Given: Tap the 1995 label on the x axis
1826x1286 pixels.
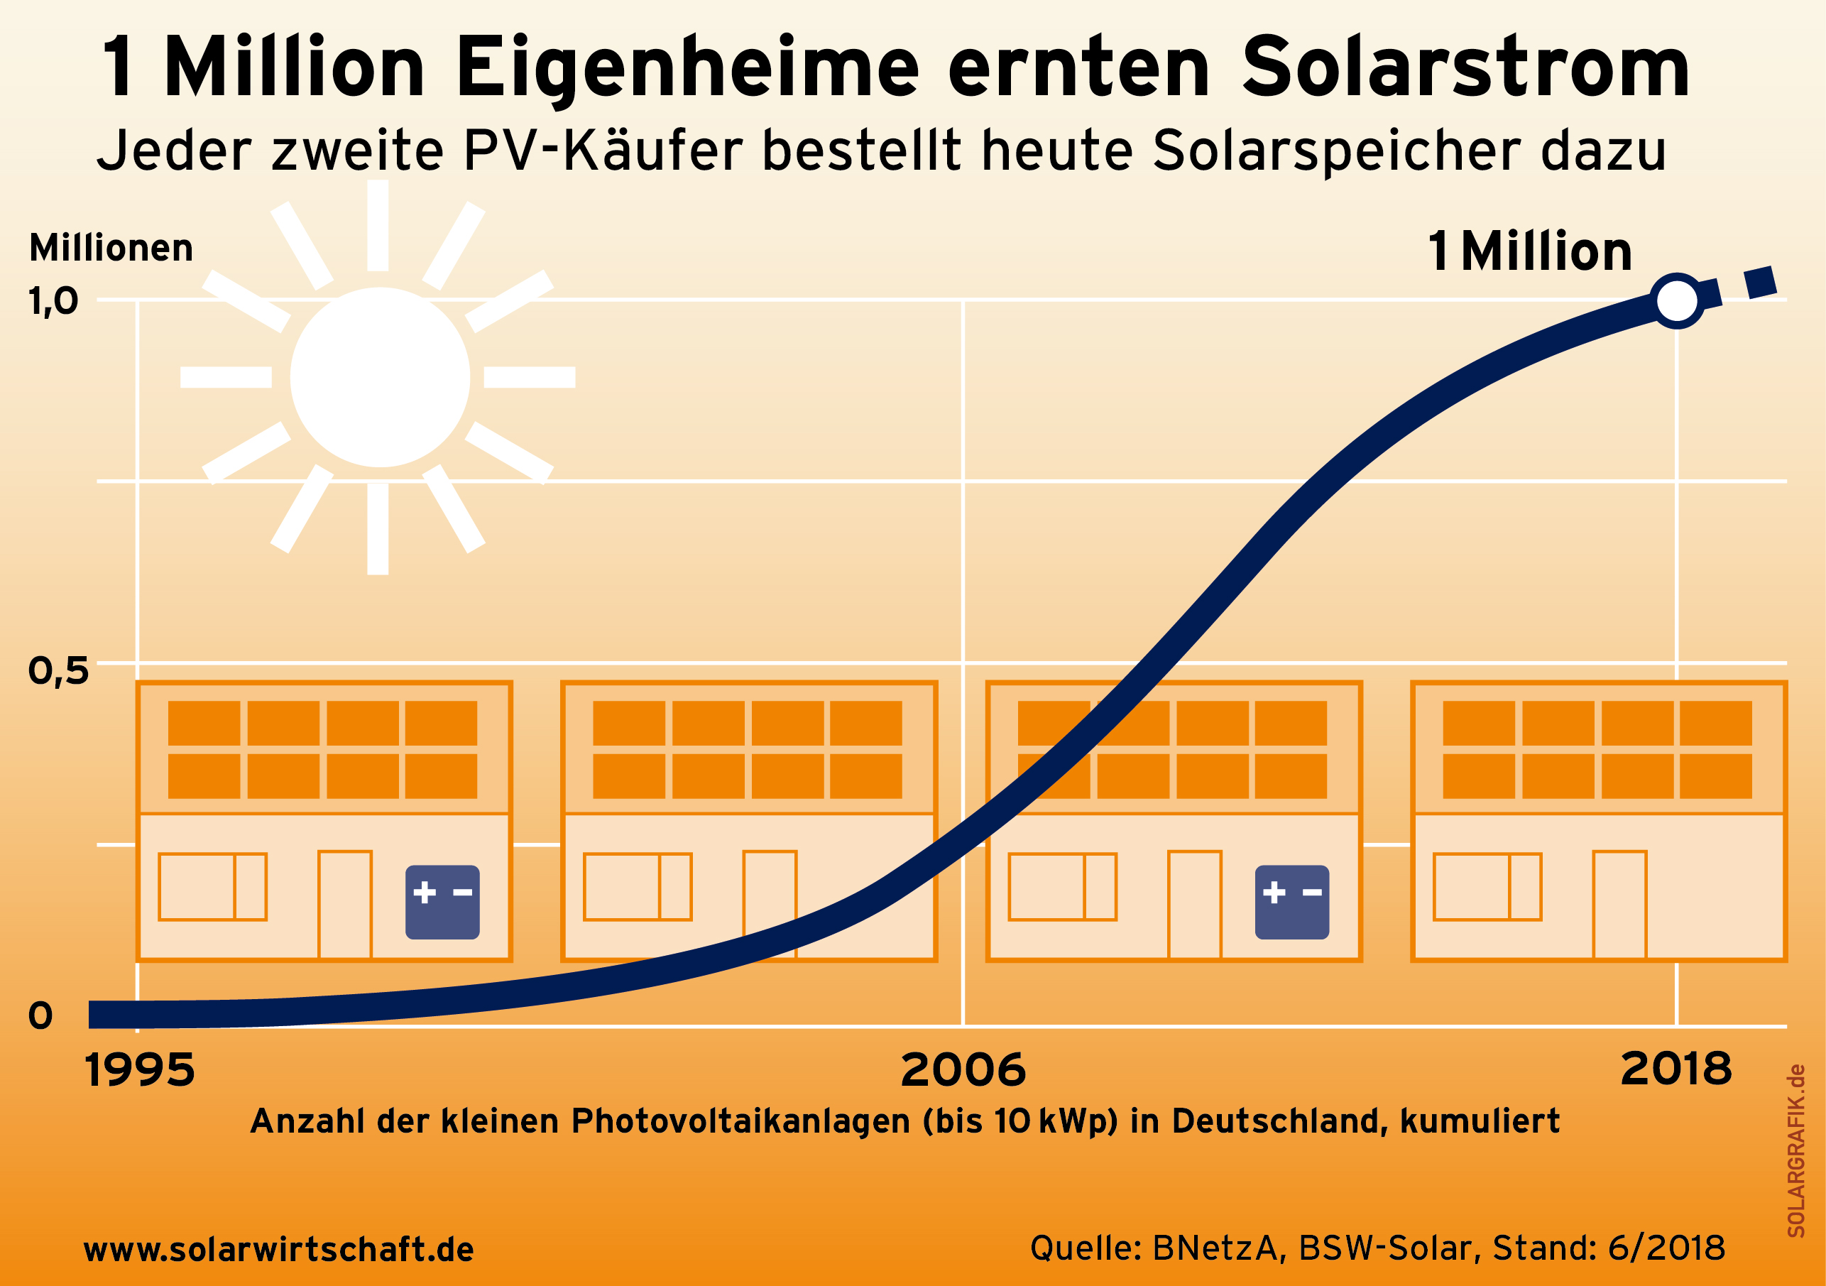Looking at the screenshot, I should click(140, 1069).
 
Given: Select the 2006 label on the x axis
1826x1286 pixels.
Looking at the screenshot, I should click(963, 1069).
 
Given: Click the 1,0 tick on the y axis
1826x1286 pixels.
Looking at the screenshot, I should click(53, 301).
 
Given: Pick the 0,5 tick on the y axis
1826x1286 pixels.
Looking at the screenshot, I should click(58, 671).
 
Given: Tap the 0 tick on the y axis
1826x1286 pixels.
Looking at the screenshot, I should click(40, 1015).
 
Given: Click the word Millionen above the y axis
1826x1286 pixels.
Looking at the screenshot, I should click(111, 248).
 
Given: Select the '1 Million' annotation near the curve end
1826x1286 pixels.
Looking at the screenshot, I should click(1529, 251).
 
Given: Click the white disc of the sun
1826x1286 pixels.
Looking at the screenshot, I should click(380, 377).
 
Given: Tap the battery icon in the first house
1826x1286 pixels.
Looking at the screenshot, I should click(442, 902).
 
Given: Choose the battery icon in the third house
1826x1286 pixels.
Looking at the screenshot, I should click(1291, 902).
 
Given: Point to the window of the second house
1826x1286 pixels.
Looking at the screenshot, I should click(637, 887).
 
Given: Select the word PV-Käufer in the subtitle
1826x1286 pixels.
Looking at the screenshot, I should click(602, 151).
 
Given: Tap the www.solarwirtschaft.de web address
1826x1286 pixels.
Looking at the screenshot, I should click(278, 1249).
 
